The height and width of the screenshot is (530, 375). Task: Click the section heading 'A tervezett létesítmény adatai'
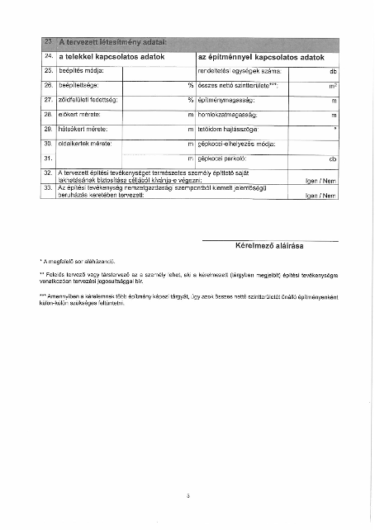(113, 42)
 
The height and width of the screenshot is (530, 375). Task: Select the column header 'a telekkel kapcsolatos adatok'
(112, 57)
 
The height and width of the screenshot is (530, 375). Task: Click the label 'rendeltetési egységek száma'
(240, 72)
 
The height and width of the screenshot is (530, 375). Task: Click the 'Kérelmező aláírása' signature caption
(271, 246)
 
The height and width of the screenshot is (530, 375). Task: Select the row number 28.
(48, 115)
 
